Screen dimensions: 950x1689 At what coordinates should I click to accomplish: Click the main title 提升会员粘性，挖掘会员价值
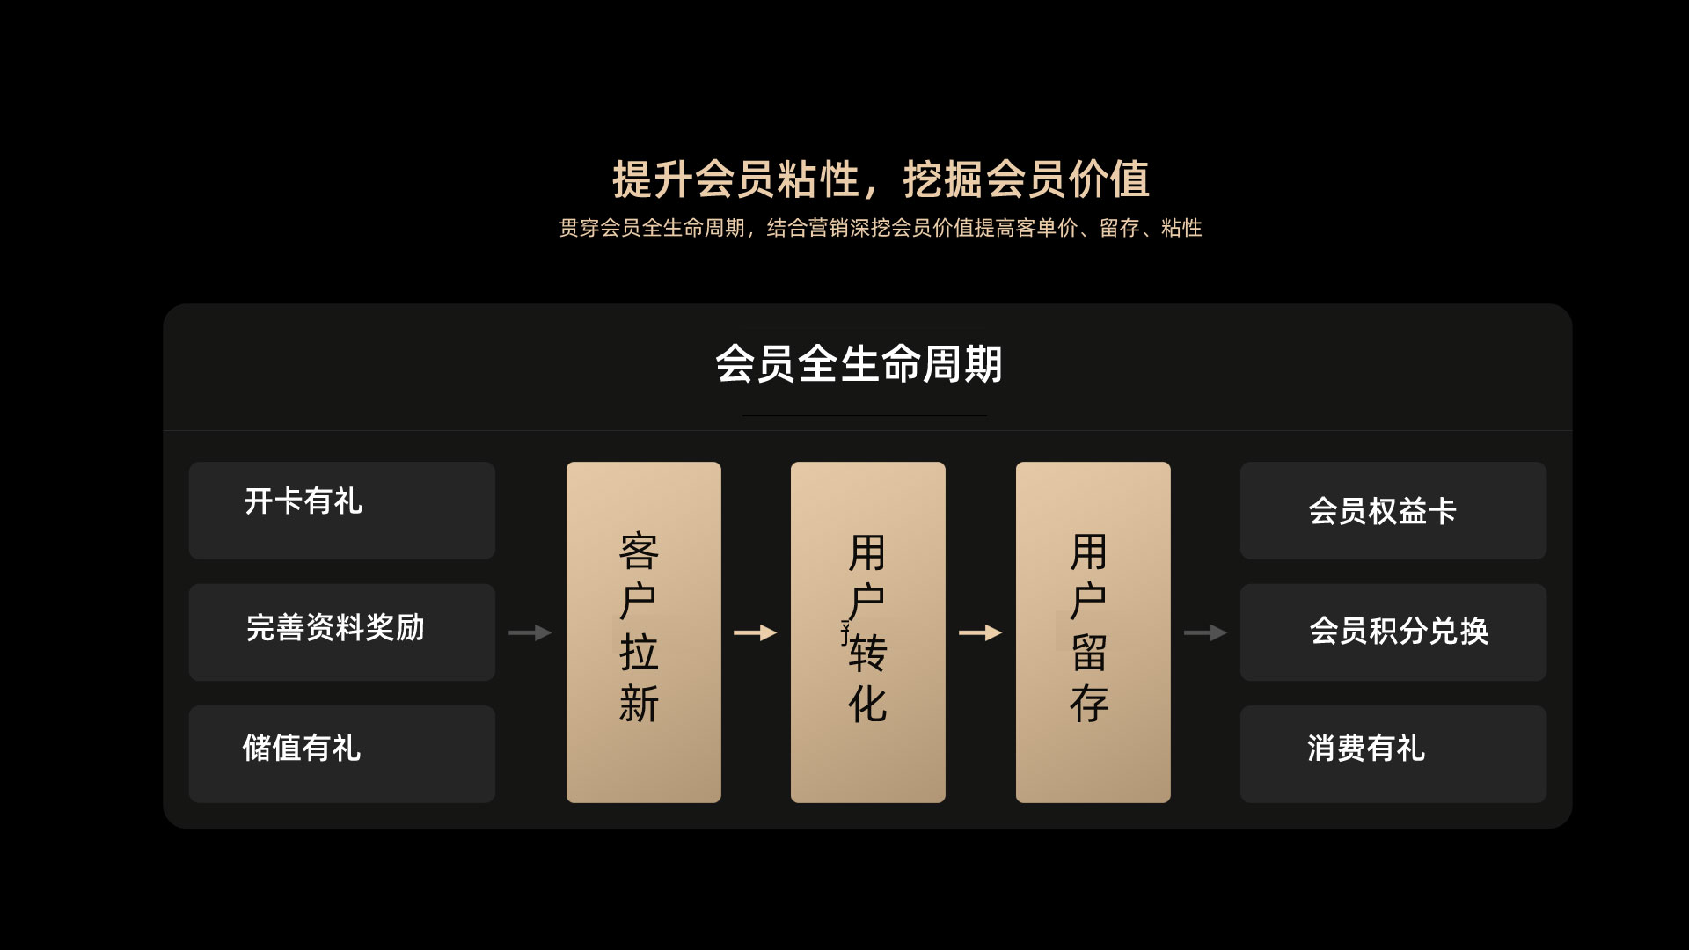[x=881, y=179]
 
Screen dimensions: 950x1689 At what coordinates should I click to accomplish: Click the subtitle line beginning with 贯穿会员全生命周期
[x=881, y=228]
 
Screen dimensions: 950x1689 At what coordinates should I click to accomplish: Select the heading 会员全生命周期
[x=859, y=364]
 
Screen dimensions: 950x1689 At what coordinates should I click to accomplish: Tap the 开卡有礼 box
[x=341, y=510]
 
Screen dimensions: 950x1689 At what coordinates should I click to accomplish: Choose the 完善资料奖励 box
[x=341, y=632]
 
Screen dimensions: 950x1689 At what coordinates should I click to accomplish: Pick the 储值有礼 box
[x=341, y=753]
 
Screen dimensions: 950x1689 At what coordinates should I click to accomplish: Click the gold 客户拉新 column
[x=643, y=632]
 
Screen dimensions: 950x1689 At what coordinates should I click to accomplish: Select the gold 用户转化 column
[x=867, y=632]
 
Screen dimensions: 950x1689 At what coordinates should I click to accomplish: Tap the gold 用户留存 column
[x=1093, y=632]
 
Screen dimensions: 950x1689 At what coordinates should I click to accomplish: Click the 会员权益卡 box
[x=1393, y=510]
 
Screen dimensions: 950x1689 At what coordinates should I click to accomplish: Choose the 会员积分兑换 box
[x=1393, y=632]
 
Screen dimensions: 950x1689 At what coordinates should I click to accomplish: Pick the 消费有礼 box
[x=1393, y=753]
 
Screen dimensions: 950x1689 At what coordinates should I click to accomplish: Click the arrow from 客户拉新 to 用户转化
[x=755, y=632]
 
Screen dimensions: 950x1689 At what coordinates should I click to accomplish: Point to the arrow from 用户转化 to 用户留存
[x=980, y=632]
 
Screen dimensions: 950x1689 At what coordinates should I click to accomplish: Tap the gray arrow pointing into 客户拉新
[x=530, y=632]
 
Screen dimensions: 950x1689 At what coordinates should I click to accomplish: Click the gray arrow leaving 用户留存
[x=1205, y=632]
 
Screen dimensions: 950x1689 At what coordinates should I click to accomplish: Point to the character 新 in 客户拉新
[x=639, y=704]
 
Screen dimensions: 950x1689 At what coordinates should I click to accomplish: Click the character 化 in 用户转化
[x=867, y=704]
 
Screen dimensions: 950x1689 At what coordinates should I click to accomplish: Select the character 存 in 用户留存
[x=1089, y=704]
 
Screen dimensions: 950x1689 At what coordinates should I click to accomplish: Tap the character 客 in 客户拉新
[x=639, y=552]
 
